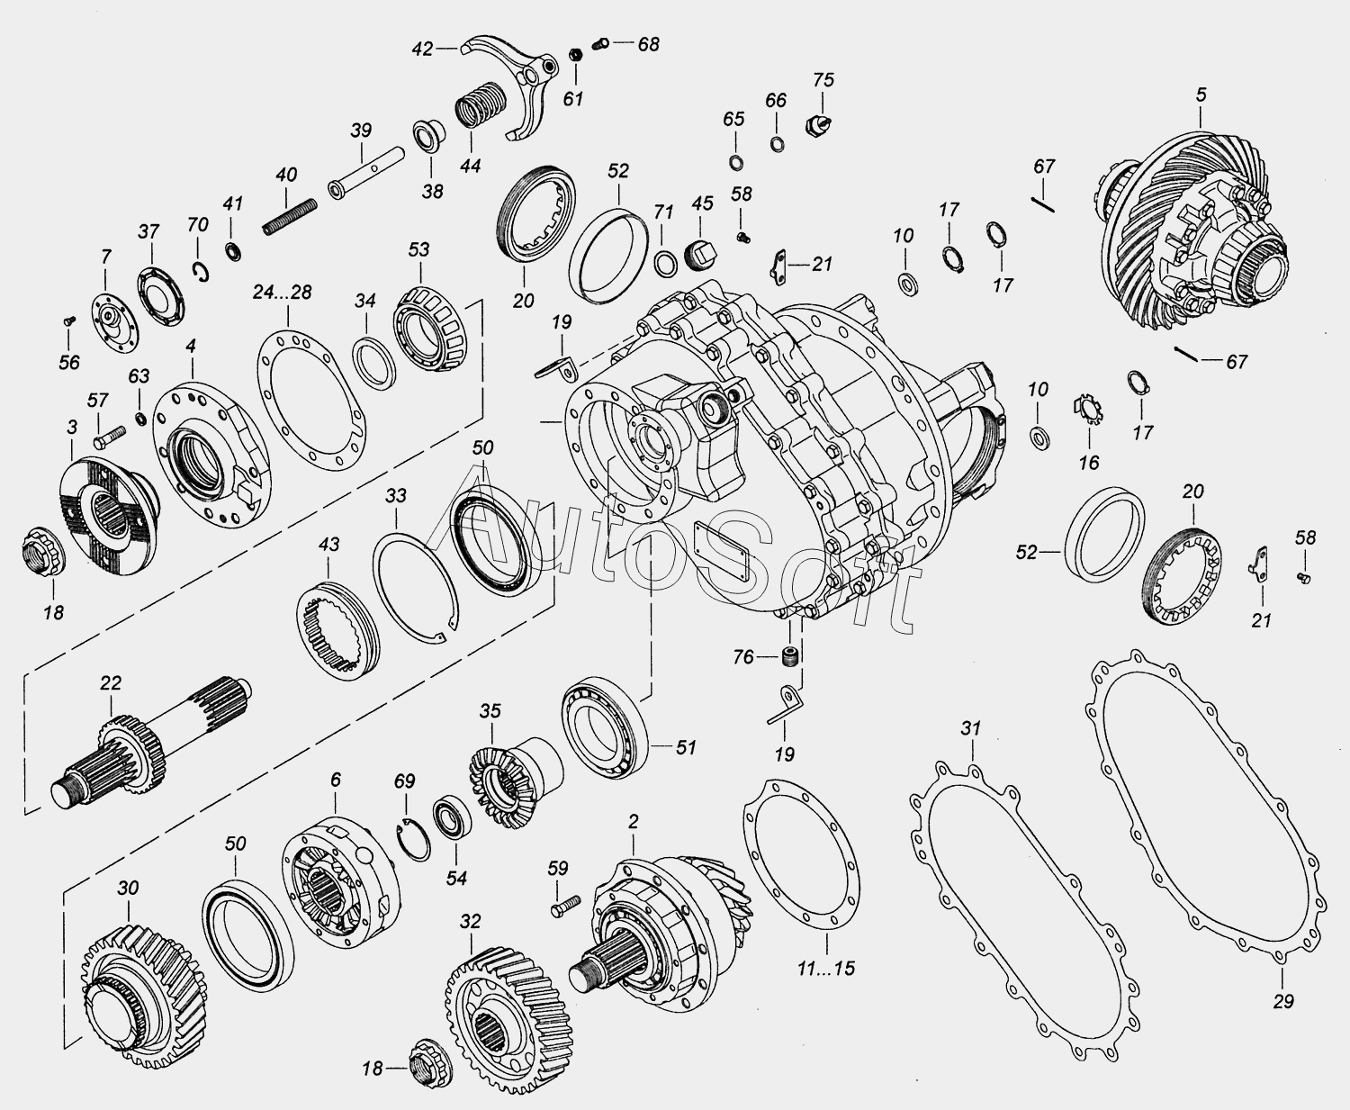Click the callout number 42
pyautogui.click(x=423, y=49)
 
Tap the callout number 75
pyautogui.click(x=823, y=79)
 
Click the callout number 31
pyautogui.click(x=969, y=727)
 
